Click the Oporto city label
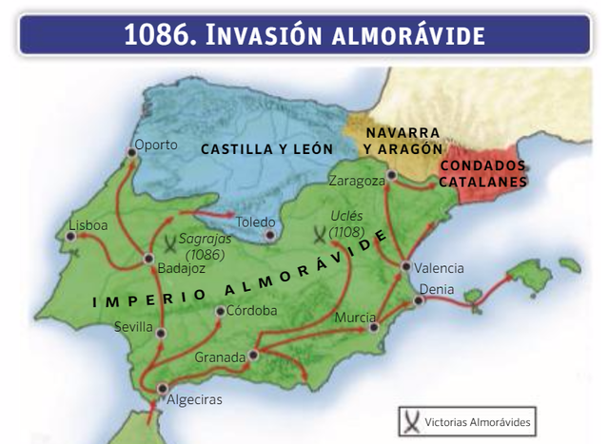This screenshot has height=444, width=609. (x=157, y=145)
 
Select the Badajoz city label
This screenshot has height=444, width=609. (x=173, y=268)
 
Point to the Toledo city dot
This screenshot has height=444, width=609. (x=271, y=233)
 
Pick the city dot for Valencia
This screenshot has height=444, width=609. (x=405, y=266)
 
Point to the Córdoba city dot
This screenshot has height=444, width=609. (x=220, y=311)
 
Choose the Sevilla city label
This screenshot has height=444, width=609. (x=133, y=326)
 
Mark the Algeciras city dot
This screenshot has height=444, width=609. (x=163, y=388)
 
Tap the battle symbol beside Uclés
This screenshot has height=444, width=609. (x=320, y=231)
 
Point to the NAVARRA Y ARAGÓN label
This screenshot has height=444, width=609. (x=403, y=140)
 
